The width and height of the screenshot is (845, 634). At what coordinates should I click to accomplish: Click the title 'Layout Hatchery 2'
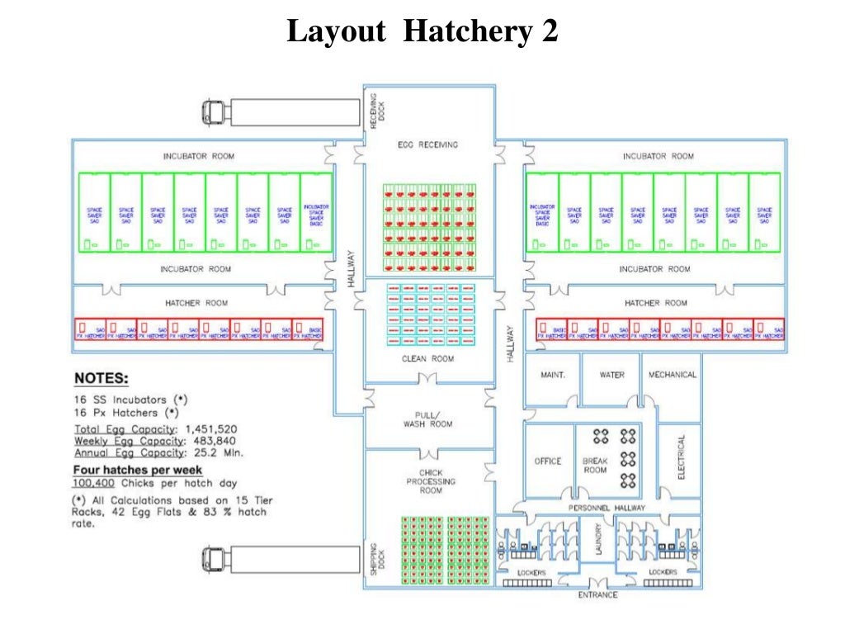point(422,32)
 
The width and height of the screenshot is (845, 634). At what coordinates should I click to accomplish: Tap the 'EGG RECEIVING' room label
point(427,145)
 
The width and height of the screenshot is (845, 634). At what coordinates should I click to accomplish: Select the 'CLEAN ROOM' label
point(427,359)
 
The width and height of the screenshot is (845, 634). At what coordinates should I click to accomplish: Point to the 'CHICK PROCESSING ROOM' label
point(430,481)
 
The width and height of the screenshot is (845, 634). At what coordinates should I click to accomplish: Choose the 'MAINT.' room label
point(552,375)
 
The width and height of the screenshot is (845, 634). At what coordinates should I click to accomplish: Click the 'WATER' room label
point(611,375)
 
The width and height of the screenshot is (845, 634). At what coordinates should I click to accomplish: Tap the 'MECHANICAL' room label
point(672,375)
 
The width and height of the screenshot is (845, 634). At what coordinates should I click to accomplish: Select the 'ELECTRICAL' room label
point(682,458)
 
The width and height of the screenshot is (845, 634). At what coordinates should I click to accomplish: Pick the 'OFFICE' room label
point(547,461)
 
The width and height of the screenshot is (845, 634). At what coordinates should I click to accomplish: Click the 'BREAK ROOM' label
point(595,466)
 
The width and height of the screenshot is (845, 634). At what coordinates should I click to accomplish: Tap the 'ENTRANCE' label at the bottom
point(597,594)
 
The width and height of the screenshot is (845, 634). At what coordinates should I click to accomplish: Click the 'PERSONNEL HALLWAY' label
point(607,508)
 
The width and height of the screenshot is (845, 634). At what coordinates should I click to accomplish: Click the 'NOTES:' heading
point(101,379)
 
